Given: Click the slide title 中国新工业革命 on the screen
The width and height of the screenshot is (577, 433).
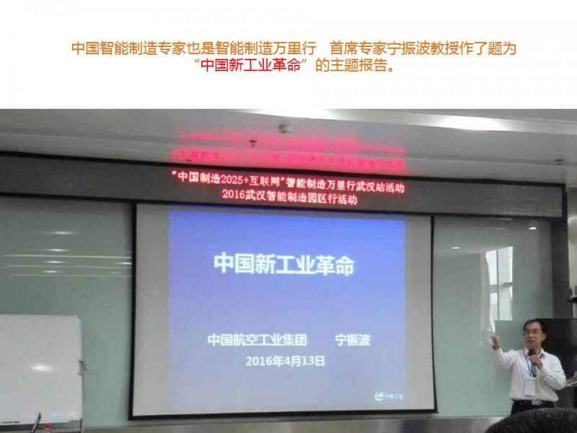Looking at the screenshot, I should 283,264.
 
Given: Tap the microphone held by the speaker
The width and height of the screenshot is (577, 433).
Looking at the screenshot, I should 532,354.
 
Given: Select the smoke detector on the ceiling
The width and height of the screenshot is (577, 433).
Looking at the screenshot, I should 285,128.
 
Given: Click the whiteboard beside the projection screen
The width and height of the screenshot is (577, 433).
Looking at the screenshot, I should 40,368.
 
